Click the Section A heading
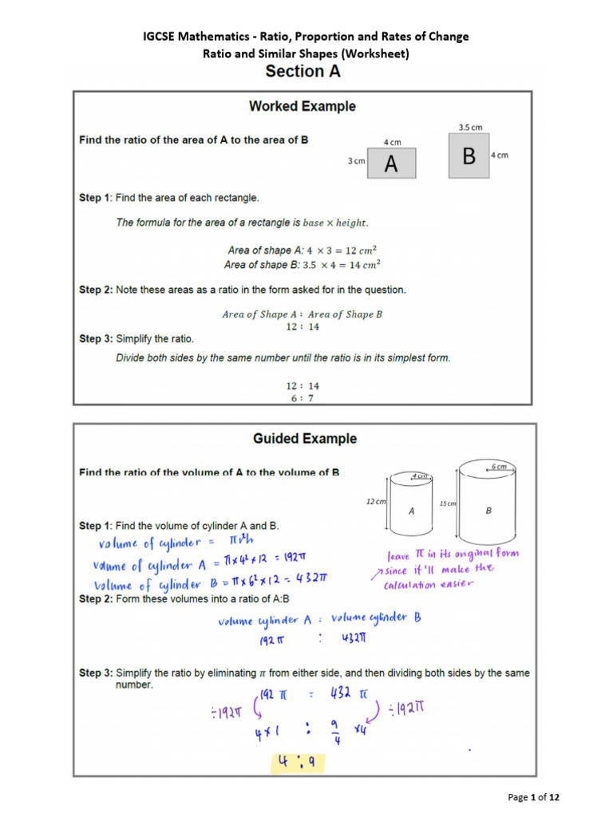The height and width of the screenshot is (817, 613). tap(303, 72)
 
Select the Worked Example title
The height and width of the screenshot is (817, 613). tap(303, 106)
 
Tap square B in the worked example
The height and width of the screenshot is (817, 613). tap(469, 155)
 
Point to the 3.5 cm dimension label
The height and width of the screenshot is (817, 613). tap(470, 127)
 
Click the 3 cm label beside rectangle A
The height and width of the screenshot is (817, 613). tap(355, 161)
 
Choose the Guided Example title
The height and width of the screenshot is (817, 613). tap(305, 439)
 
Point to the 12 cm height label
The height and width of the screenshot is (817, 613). tap(376, 501)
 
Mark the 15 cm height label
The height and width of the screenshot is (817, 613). tap(447, 503)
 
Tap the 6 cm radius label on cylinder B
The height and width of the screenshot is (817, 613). tap(499, 467)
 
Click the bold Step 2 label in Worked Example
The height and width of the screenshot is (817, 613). tap(96, 290)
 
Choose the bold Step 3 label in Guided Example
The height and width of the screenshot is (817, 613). tap(96, 673)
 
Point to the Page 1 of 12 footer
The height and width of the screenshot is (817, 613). tap(539, 796)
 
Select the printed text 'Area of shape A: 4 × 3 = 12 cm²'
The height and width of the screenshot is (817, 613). tap(302, 251)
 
